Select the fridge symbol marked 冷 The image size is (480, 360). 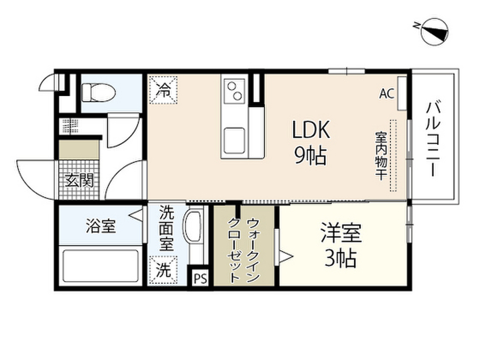click(163, 89)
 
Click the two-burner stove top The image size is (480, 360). click(235, 90)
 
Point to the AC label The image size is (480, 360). click(386, 93)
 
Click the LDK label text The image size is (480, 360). click(311, 130)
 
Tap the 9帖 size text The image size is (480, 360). click(310, 156)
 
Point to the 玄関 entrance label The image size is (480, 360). click(79, 180)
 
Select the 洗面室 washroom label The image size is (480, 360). click(166, 230)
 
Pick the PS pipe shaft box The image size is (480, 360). click(200, 278)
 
